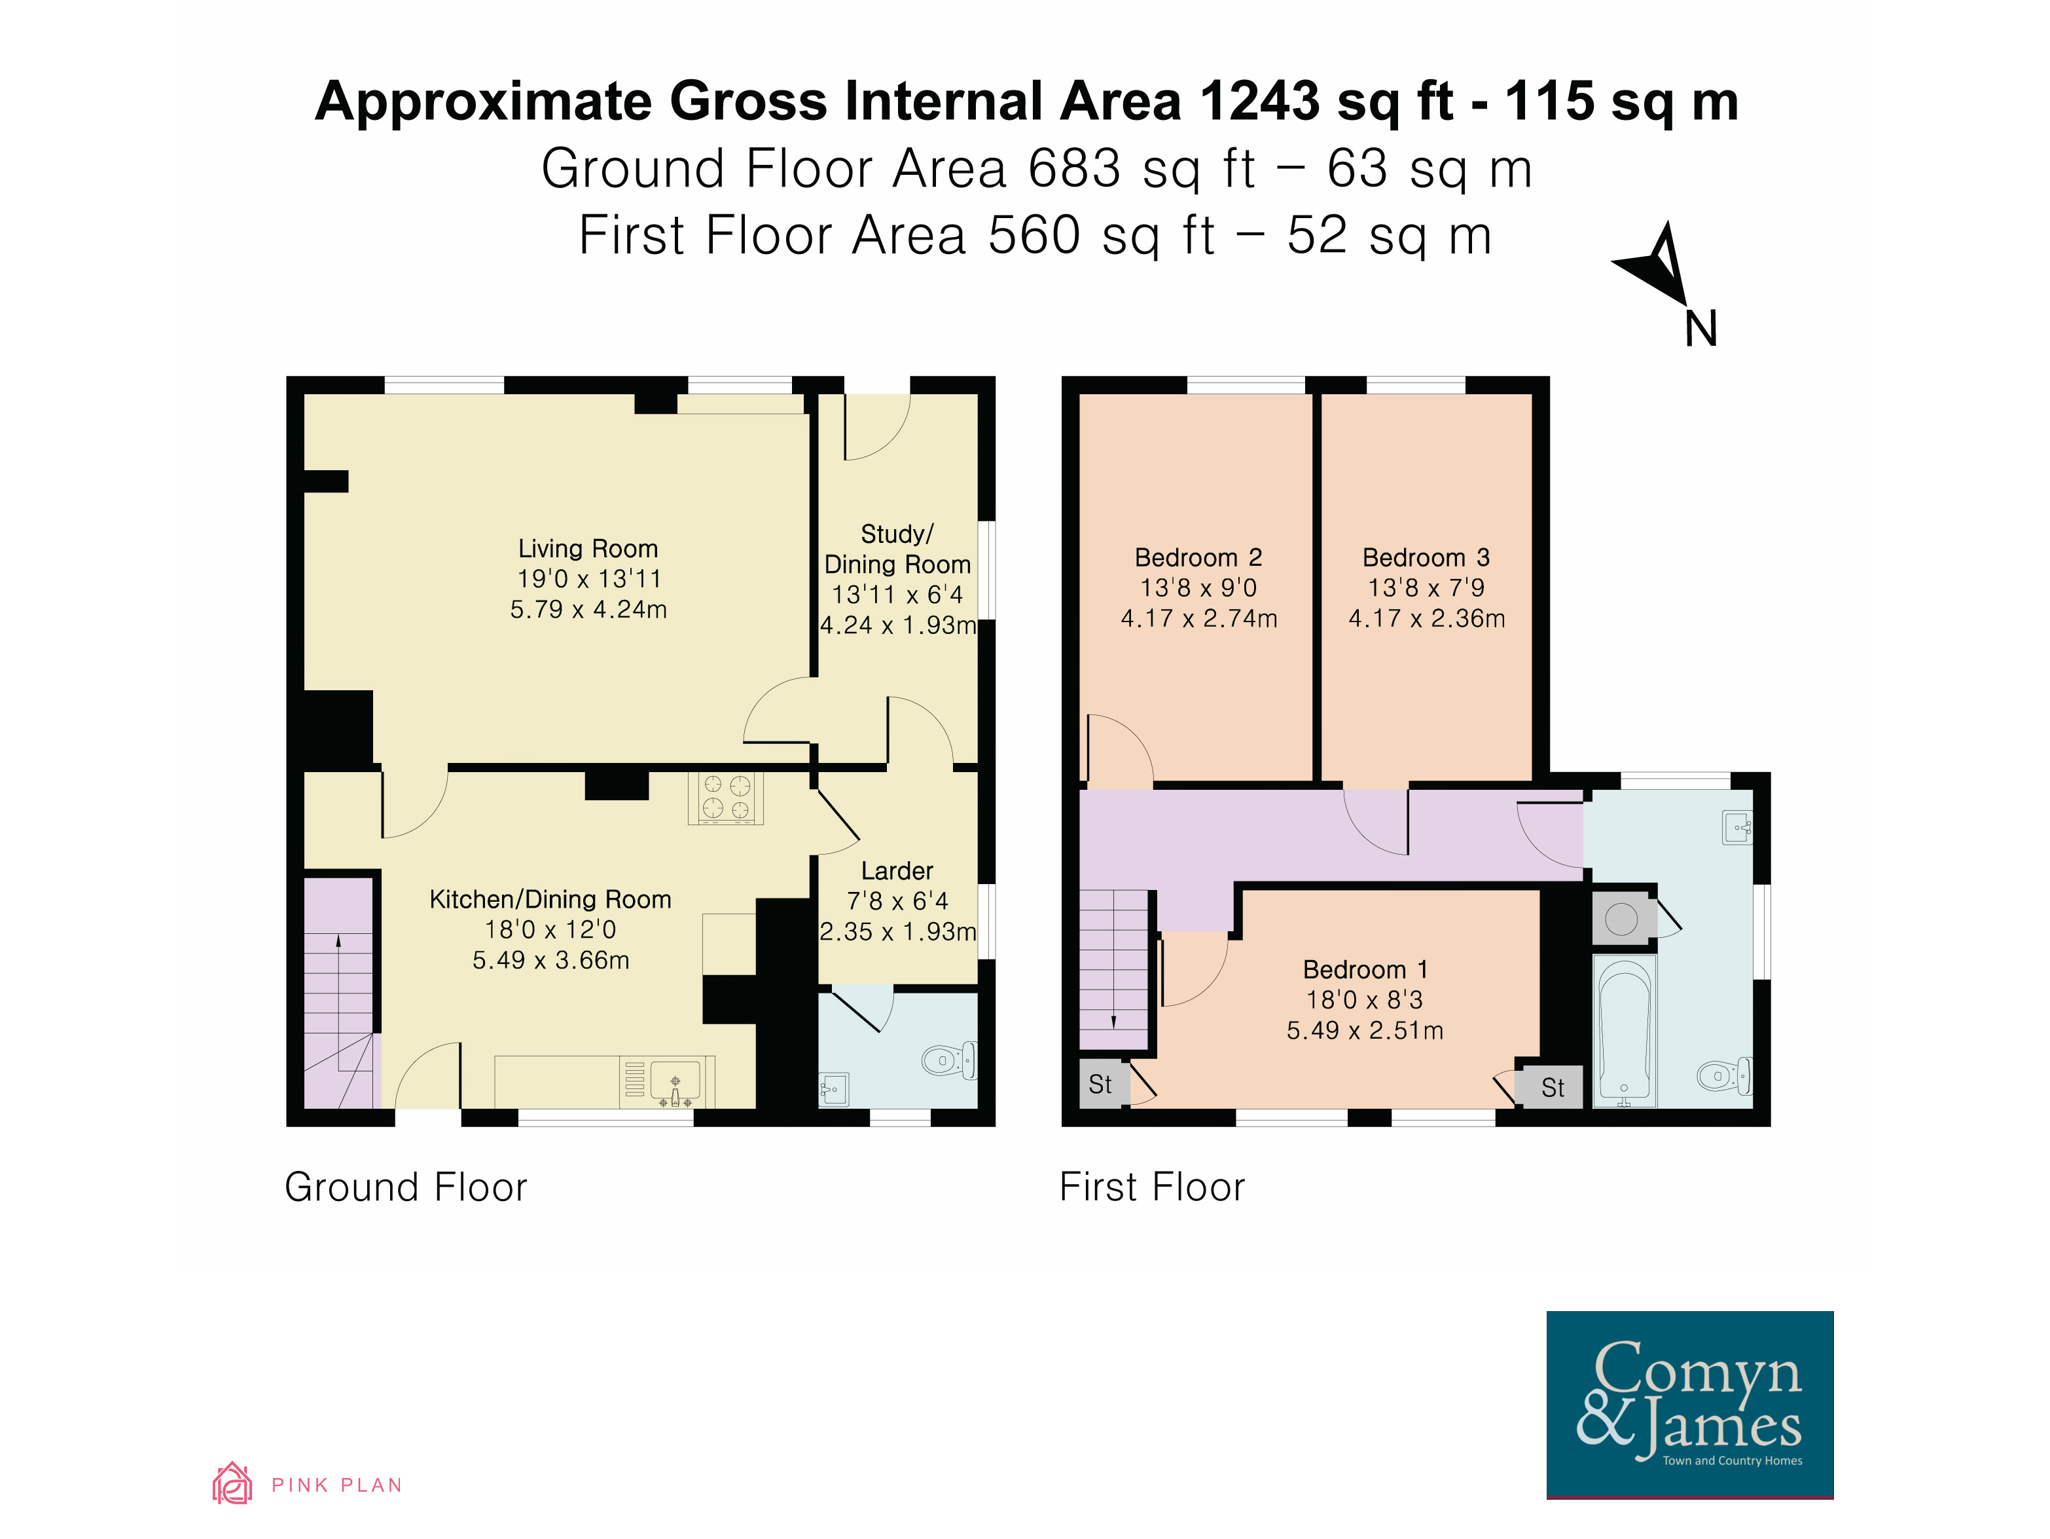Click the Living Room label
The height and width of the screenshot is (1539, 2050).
pyautogui.click(x=588, y=549)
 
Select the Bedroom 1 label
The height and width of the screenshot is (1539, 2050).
pyautogui.click(x=1365, y=970)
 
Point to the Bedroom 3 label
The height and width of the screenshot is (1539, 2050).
pyautogui.click(x=1426, y=557)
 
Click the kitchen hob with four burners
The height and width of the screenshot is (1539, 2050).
pyautogui.click(x=726, y=797)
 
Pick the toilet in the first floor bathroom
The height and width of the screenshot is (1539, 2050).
pyautogui.click(x=1724, y=1075)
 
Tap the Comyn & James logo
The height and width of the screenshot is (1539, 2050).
pyautogui.click(x=1689, y=1405)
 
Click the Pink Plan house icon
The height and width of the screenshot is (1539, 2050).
pyautogui.click(x=232, y=1483)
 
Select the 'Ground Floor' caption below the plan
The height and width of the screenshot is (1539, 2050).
pyautogui.click(x=406, y=1187)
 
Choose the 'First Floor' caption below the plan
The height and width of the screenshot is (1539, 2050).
pyautogui.click(x=1152, y=1187)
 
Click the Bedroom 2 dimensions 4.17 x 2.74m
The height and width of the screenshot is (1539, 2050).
pyautogui.click(x=1198, y=618)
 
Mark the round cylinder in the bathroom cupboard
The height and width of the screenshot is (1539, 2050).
pyautogui.click(x=1621, y=919)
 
